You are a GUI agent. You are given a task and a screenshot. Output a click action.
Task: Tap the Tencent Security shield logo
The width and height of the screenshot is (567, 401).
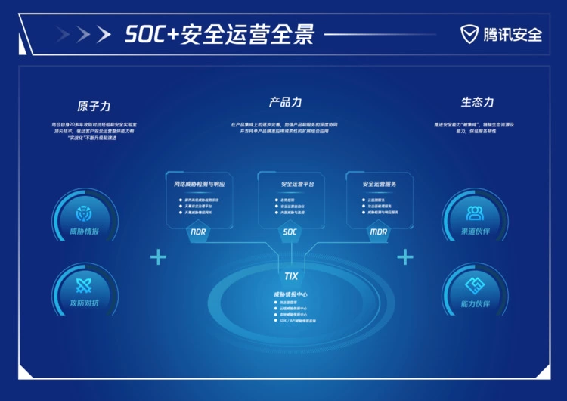(x=469, y=34)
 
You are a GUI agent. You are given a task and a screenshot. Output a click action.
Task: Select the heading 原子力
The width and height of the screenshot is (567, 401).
(x=94, y=106)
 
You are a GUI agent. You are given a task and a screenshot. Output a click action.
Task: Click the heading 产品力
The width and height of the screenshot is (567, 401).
(x=285, y=102)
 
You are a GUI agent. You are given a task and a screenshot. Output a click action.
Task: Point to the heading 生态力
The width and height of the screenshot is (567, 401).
(x=477, y=102)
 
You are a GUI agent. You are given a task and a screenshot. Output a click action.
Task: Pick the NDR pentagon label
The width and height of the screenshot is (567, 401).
(x=198, y=232)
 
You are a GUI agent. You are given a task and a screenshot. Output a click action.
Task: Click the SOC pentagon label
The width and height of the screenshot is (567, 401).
(x=290, y=232)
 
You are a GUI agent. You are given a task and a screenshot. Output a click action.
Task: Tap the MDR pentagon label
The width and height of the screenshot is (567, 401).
(x=379, y=232)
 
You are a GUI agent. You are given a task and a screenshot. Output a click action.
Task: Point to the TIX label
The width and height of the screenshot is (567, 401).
(x=290, y=276)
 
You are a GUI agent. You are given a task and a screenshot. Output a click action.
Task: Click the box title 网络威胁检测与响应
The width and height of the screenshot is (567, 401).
(x=199, y=184)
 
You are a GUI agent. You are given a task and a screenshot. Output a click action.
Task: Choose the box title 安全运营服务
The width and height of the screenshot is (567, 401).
(x=380, y=184)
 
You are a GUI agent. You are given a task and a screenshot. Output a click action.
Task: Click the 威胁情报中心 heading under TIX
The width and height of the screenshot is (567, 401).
(x=290, y=294)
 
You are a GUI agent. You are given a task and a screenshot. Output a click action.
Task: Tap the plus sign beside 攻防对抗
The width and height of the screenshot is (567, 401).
(x=158, y=257)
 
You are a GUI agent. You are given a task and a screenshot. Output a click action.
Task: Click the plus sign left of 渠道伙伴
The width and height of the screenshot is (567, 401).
(x=405, y=257)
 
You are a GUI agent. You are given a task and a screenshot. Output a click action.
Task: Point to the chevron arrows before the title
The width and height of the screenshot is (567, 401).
(x=74, y=34)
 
